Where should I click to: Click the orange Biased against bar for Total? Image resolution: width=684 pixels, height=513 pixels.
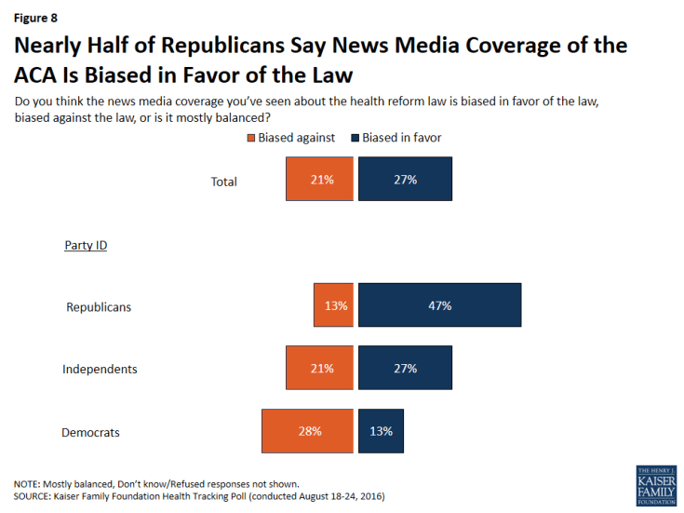point(319,179)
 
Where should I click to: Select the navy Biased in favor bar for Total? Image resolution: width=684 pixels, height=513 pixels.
point(405,179)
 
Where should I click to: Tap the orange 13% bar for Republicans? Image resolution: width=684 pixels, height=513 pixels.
point(333,305)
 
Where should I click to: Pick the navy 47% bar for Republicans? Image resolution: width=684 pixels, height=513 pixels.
point(439,305)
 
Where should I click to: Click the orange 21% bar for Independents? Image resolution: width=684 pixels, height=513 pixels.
point(319,369)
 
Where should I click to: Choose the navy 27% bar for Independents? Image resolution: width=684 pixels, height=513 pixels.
point(405,369)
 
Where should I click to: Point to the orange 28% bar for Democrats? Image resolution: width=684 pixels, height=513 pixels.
point(307,431)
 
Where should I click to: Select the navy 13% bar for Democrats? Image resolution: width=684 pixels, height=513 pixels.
point(381,431)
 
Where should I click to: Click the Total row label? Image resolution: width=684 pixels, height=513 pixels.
point(224,182)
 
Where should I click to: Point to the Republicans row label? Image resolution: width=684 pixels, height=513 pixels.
point(99,307)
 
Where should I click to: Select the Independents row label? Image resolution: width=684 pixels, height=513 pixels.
point(100,370)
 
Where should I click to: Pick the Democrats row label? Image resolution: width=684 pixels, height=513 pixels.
point(90,432)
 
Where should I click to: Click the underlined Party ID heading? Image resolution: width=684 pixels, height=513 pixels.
point(85,245)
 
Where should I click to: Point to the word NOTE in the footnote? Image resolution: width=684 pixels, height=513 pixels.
point(27,484)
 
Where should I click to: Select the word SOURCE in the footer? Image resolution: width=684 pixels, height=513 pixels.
point(33,497)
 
